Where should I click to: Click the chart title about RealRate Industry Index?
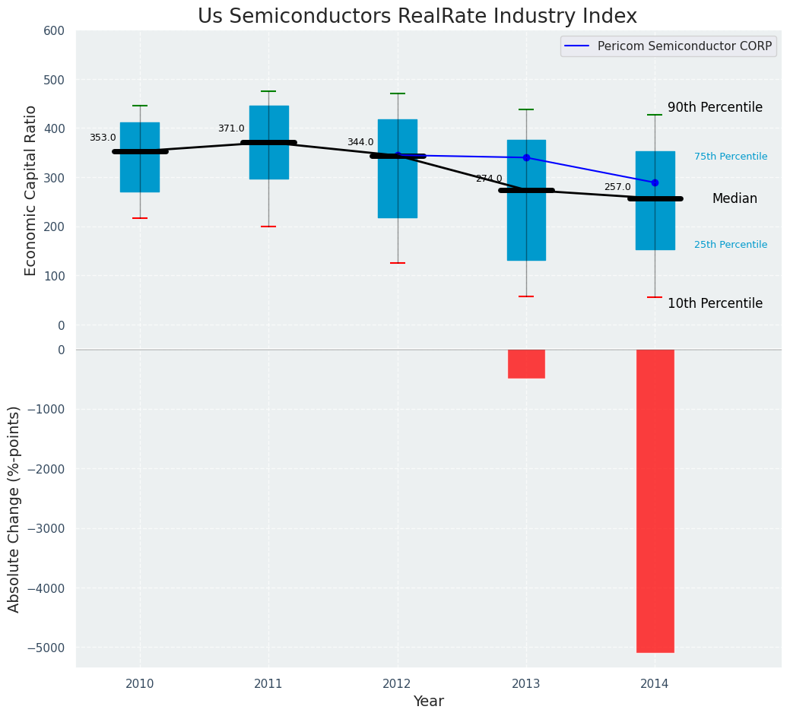(417, 17)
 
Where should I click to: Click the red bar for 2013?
(526, 363)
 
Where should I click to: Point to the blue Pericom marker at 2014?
(655, 182)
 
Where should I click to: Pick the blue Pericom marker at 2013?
(526, 157)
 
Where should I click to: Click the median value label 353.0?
(103, 138)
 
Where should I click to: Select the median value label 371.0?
(231, 128)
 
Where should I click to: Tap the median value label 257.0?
(617, 187)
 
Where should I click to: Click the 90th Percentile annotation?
(715, 107)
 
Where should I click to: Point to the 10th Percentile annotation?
(715, 303)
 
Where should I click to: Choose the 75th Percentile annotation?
(731, 157)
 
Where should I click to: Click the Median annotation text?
(734, 198)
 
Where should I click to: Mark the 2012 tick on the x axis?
(397, 684)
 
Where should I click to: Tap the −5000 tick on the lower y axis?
(46, 648)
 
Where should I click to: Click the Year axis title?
(428, 702)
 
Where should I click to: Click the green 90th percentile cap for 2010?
(140, 106)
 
